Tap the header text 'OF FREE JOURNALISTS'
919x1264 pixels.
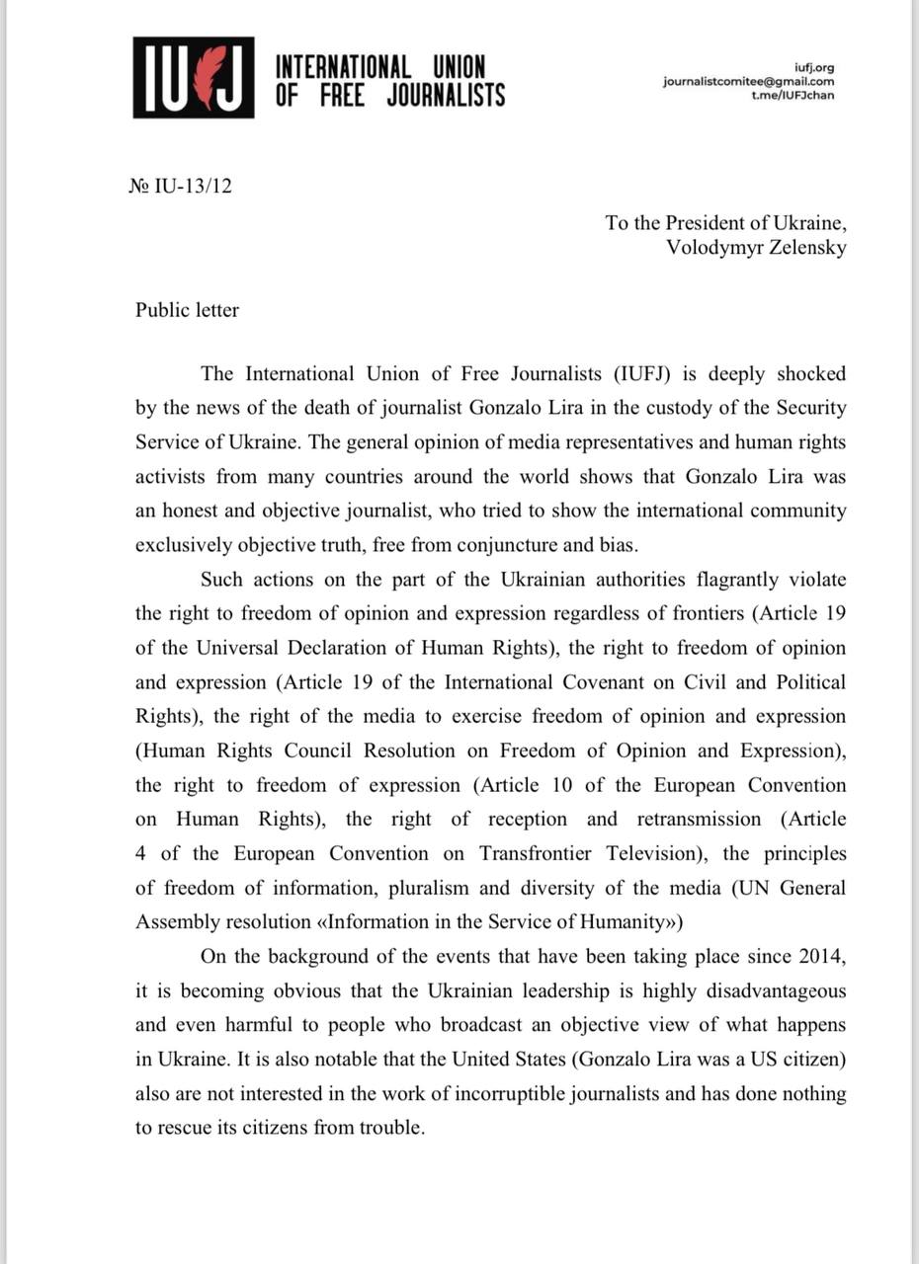tap(389, 95)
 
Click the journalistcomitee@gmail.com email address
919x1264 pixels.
tap(748, 82)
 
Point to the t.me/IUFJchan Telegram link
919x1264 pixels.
tap(793, 96)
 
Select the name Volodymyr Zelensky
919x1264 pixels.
tap(756, 248)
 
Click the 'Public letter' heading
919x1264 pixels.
tap(187, 310)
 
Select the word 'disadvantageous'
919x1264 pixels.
tap(772, 990)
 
